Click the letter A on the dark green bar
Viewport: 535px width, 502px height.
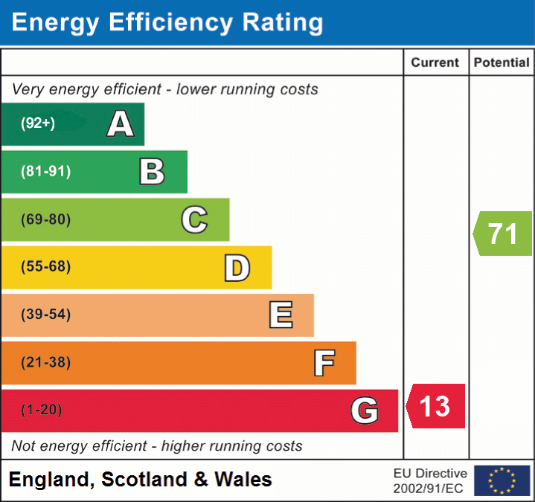click(x=120, y=123)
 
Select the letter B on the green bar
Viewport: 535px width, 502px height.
click(x=152, y=172)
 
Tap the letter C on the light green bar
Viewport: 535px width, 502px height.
click(x=194, y=219)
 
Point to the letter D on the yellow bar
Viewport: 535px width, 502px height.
click(x=237, y=268)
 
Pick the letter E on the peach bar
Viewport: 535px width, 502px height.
click(x=281, y=315)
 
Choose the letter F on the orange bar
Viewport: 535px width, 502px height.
click(x=324, y=363)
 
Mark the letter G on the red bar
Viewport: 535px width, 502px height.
click(x=365, y=411)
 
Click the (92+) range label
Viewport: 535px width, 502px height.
click(x=38, y=123)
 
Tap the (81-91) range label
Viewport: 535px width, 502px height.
click(x=45, y=172)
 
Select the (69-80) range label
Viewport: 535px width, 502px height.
click(x=45, y=219)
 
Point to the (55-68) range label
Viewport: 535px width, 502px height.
click(x=45, y=267)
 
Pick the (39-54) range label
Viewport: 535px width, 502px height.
click(x=45, y=315)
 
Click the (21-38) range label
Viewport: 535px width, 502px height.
click(x=45, y=362)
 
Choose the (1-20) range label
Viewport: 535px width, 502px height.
click(x=42, y=410)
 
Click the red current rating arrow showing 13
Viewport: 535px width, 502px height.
click(x=436, y=406)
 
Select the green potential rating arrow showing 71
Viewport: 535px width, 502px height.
click(x=503, y=234)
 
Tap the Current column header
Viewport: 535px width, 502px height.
click(x=436, y=63)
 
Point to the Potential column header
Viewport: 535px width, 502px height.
click(x=502, y=63)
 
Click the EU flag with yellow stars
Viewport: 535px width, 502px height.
click(x=502, y=480)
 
